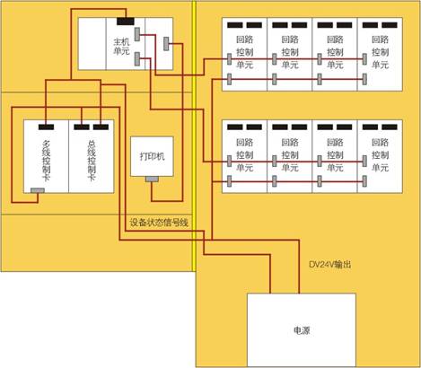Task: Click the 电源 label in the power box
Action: tap(302, 330)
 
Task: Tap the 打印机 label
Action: tap(152, 156)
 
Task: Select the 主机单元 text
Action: tap(121, 47)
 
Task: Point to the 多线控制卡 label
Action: tap(47, 161)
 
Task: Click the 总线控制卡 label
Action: tap(92, 161)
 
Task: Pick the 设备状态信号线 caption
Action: tap(159, 223)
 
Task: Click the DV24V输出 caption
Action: tap(329, 265)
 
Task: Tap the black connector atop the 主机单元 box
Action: tap(126, 22)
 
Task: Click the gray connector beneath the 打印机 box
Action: tap(152, 179)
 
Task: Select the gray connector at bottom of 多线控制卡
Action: tap(38, 190)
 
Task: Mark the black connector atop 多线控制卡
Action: tap(46, 127)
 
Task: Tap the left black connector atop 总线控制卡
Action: tap(82, 127)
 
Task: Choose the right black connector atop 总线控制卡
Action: tap(101, 127)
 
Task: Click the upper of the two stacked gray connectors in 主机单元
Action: tap(137, 34)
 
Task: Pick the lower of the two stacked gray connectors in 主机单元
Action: tap(137, 58)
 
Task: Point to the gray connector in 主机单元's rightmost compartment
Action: tap(166, 44)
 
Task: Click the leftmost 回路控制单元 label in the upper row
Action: tap(245, 52)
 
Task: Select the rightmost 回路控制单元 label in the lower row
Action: tap(380, 154)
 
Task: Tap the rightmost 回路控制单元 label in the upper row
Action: tap(380, 52)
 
